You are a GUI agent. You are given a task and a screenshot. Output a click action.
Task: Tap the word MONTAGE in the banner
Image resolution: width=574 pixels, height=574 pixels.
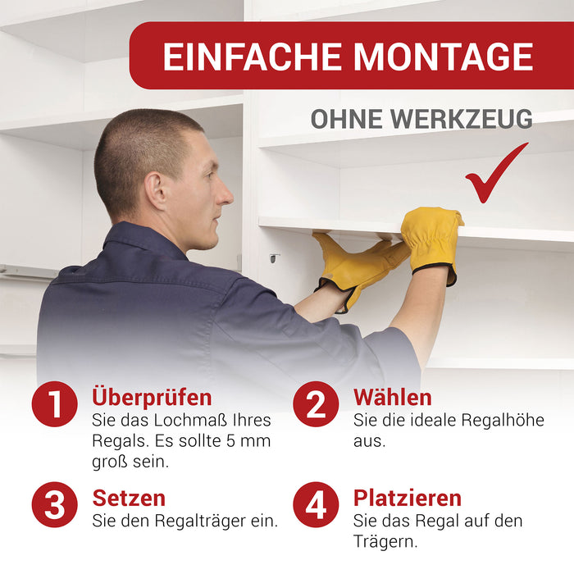click(x=443, y=57)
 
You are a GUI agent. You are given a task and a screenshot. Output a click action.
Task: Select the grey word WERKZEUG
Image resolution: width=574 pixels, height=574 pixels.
click(x=461, y=119)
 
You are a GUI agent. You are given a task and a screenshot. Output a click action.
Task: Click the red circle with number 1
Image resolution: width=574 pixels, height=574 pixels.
click(x=55, y=403)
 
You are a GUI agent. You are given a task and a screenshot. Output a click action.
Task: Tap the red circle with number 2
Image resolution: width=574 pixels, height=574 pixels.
click(x=316, y=403)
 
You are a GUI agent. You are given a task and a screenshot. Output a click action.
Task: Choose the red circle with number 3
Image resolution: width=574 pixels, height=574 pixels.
click(x=55, y=504)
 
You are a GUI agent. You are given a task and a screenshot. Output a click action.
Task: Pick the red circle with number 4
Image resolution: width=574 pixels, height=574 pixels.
click(x=316, y=504)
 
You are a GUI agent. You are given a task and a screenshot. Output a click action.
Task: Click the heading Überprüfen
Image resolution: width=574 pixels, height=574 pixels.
click(x=152, y=398)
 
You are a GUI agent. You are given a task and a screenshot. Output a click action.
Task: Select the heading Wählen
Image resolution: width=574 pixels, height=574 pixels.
click(x=393, y=397)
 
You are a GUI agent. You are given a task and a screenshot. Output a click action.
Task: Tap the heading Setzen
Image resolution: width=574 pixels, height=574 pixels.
click(x=129, y=499)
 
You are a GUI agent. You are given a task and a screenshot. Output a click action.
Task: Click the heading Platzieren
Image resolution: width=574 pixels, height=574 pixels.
click(x=408, y=499)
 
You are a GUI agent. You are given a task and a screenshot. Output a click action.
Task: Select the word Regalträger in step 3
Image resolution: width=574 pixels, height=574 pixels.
click(x=200, y=522)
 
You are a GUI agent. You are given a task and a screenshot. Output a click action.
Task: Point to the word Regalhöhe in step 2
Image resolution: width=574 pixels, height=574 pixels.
click(x=503, y=421)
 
